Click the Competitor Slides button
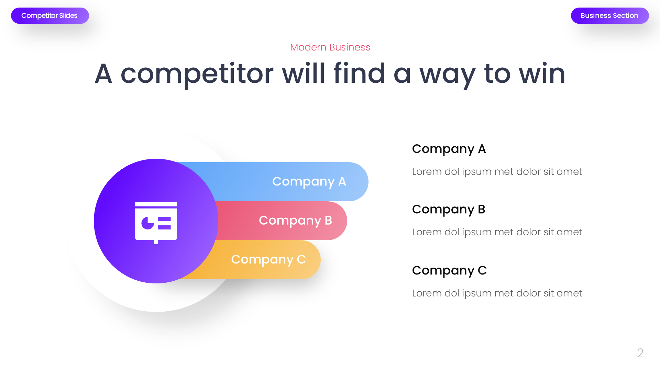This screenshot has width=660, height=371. pos(50,16)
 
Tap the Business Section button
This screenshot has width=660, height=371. pos(609,16)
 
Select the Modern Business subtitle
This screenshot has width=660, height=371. pos(330,47)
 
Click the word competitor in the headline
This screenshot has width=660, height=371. pos(197,74)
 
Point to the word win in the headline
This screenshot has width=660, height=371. pos(542,74)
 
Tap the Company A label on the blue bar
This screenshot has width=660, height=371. pos(309,181)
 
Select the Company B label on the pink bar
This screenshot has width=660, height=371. pos(295,221)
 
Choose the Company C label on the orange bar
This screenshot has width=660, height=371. pos(268,260)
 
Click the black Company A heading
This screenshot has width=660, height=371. pos(449,149)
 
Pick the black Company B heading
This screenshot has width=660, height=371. pos(448,210)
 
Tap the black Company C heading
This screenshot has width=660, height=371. pos(449,271)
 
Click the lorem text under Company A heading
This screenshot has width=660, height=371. pos(497,171)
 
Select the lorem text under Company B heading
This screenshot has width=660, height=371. pos(497,232)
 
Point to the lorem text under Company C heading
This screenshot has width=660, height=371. pos(497,293)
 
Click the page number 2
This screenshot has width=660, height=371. pos(640,353)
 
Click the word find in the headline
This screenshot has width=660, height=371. pos(359,74)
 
